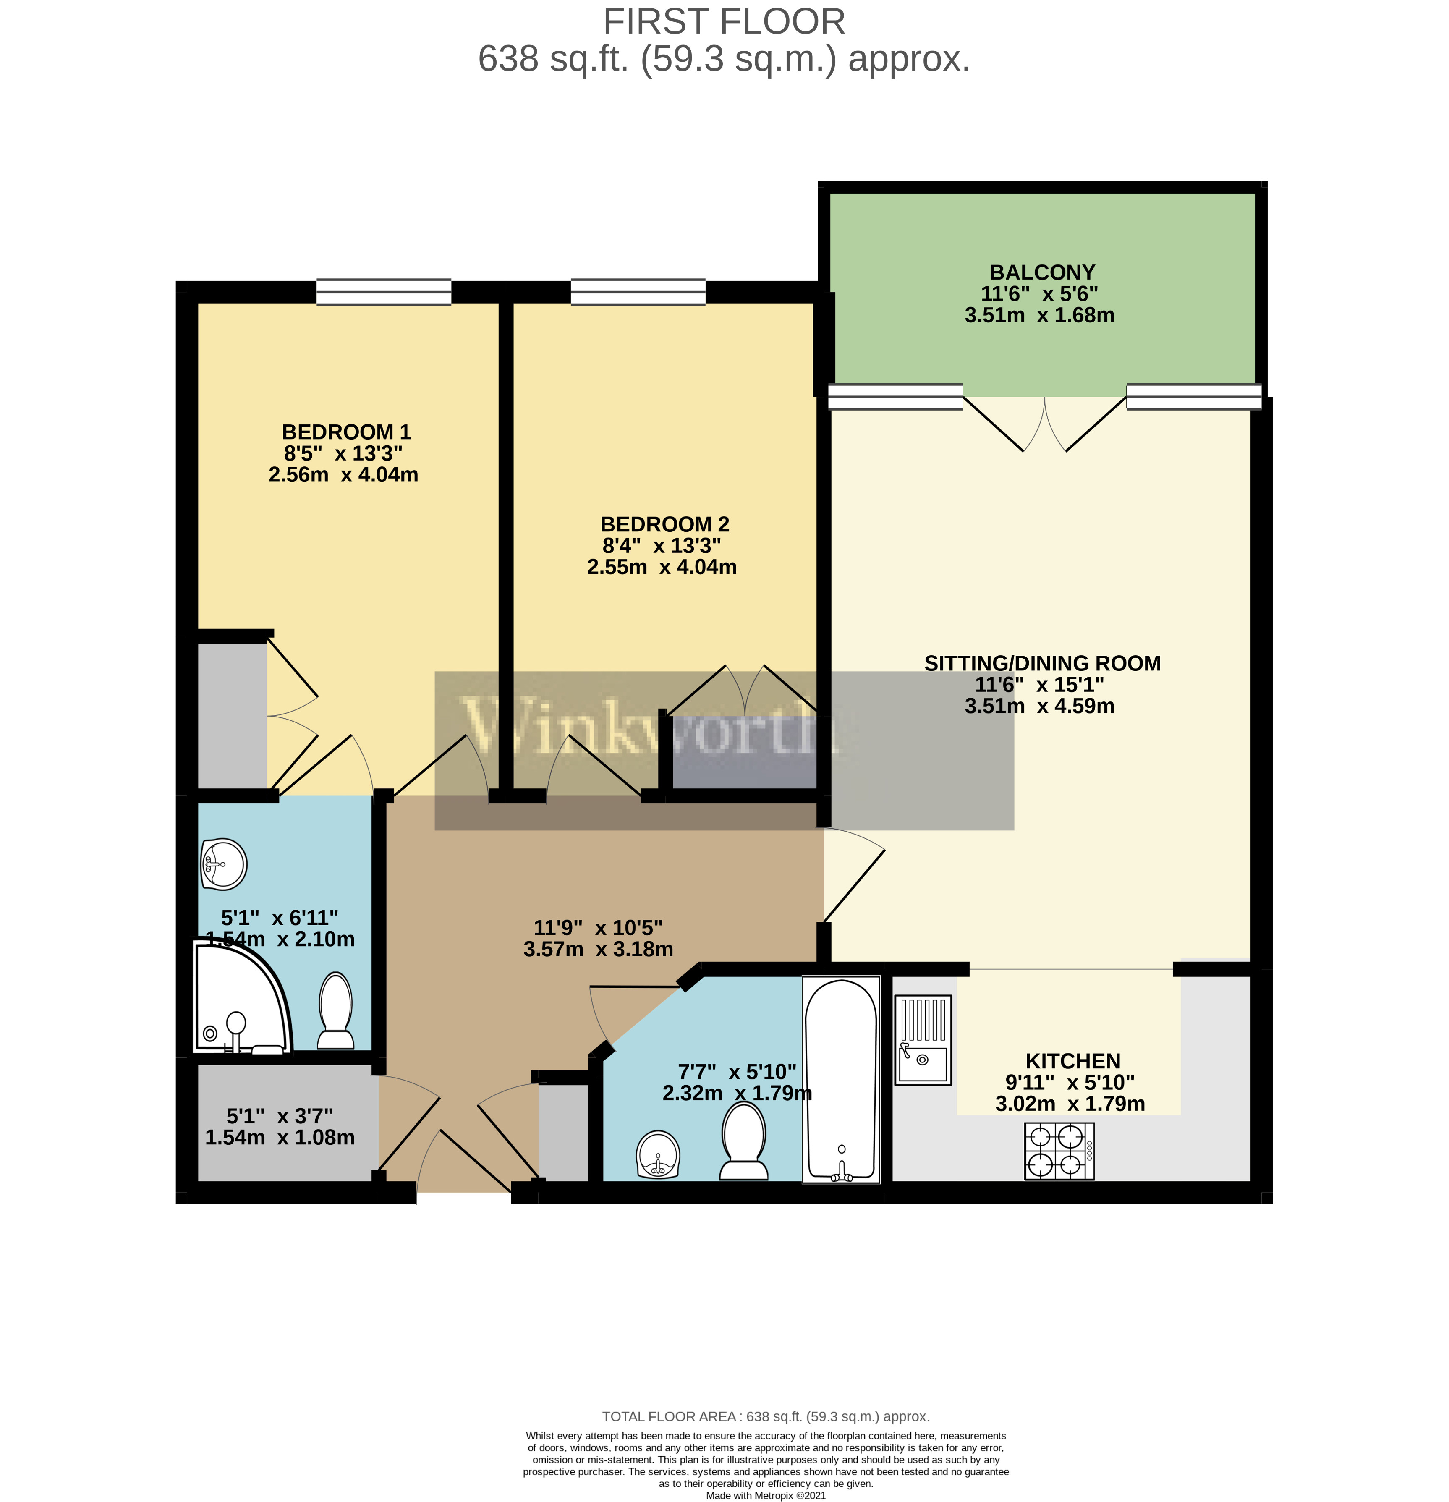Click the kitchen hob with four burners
(x=1059, y=1151)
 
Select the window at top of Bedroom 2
(x=638, y=292)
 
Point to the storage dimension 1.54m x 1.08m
(x=280, y=1137)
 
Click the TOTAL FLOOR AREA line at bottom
(x=765, y=1416)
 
